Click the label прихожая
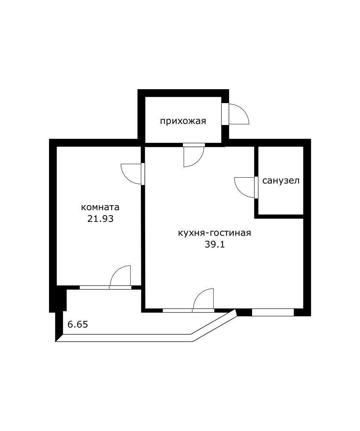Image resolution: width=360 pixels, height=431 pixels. (183, 121)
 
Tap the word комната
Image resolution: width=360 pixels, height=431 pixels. (100, 208)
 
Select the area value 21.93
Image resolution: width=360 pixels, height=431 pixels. (100, 219)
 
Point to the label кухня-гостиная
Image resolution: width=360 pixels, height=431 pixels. (214, 233)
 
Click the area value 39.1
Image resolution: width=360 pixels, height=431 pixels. (214, 245)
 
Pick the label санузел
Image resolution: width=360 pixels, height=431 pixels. (281, 181)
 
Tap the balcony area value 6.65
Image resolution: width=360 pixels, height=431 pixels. (78, 324)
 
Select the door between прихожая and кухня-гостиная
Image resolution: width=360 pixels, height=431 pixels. (193, 155)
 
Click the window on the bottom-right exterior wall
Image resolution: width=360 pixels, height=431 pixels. (273, 313)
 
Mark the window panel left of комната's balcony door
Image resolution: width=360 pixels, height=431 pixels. (94, 287)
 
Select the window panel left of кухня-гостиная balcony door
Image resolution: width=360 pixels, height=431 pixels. (177, 311)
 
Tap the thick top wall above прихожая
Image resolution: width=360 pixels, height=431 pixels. (183, 93)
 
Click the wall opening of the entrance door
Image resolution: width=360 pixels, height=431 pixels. (225, 114)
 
